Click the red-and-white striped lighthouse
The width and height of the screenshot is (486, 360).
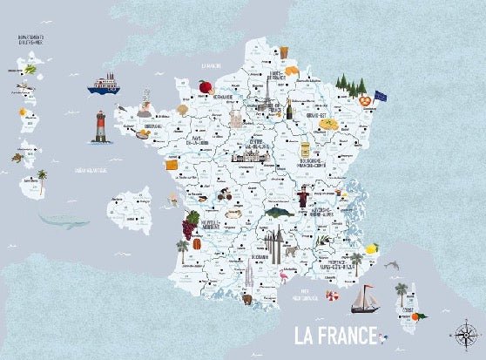click(101, 127)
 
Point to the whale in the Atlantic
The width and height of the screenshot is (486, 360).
click(64, 221)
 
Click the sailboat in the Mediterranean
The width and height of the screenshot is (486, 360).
click(363, 298)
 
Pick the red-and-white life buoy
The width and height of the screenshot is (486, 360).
click(332, 295)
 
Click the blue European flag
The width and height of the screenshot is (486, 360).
click(381, 95)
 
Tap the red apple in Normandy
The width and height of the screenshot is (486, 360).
click(205, 86)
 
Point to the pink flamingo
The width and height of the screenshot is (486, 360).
click(284, 279)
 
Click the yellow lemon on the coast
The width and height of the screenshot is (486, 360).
click(374, 249)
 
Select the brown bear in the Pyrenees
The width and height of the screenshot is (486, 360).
click(247, 300)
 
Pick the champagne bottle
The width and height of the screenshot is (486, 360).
click(288, 110)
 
